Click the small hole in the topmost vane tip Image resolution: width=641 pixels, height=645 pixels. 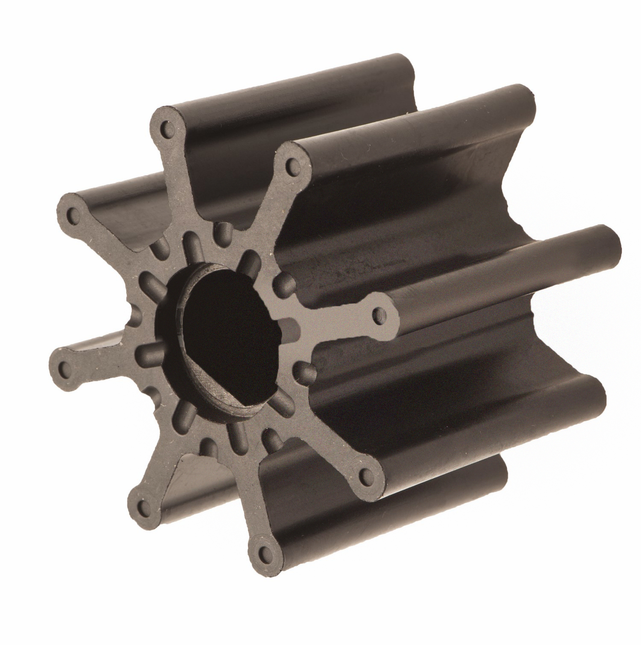pos(166,128)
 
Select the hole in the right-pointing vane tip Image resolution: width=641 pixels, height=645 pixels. pos(378,317)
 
